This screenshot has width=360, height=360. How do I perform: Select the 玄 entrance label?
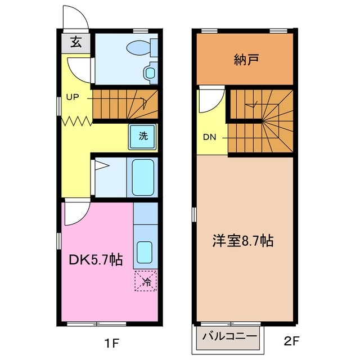(x=75, y=42)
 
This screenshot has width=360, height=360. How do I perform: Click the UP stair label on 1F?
(x=73, y=96)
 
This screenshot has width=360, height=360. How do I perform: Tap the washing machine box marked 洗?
(x=143, y=136)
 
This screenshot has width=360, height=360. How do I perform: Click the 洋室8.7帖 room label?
(x=243, y=241)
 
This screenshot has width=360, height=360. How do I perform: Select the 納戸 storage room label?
(x=245, y=58)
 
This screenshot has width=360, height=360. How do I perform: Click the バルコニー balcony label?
(x=229, y=337)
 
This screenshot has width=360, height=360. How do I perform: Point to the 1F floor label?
(x=111, y=343)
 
